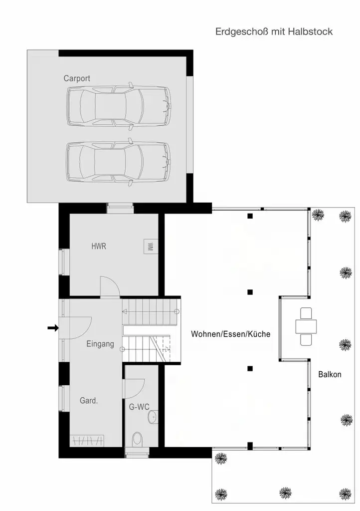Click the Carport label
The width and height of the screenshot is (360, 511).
(77, 78)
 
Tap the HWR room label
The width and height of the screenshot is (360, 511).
(99, 247)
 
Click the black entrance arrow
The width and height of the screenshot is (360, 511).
(53, 328)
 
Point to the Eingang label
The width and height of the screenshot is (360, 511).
(100, 344)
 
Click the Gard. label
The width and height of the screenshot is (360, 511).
(89, 401)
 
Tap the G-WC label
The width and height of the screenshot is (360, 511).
(139, 407)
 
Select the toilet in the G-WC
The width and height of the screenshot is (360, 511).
(137, 440)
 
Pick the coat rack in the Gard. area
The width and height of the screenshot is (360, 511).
(87, 441)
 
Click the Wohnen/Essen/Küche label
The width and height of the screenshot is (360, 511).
(231, 334)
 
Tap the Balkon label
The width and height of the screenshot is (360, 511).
(330, 374)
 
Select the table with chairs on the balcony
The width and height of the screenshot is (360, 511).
(306, 326)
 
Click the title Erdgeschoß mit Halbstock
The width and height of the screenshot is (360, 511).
(274, 31)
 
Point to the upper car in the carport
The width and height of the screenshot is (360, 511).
(119, 106)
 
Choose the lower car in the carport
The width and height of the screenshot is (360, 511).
(119, 162)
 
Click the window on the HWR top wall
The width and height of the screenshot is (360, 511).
(120, 208)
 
